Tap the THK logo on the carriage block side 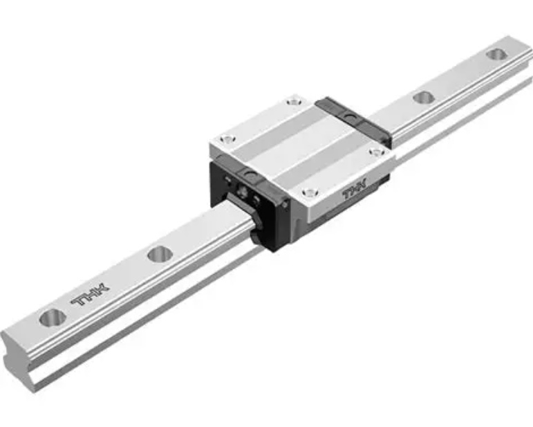point(357,191)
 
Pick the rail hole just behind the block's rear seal point(423,98)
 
